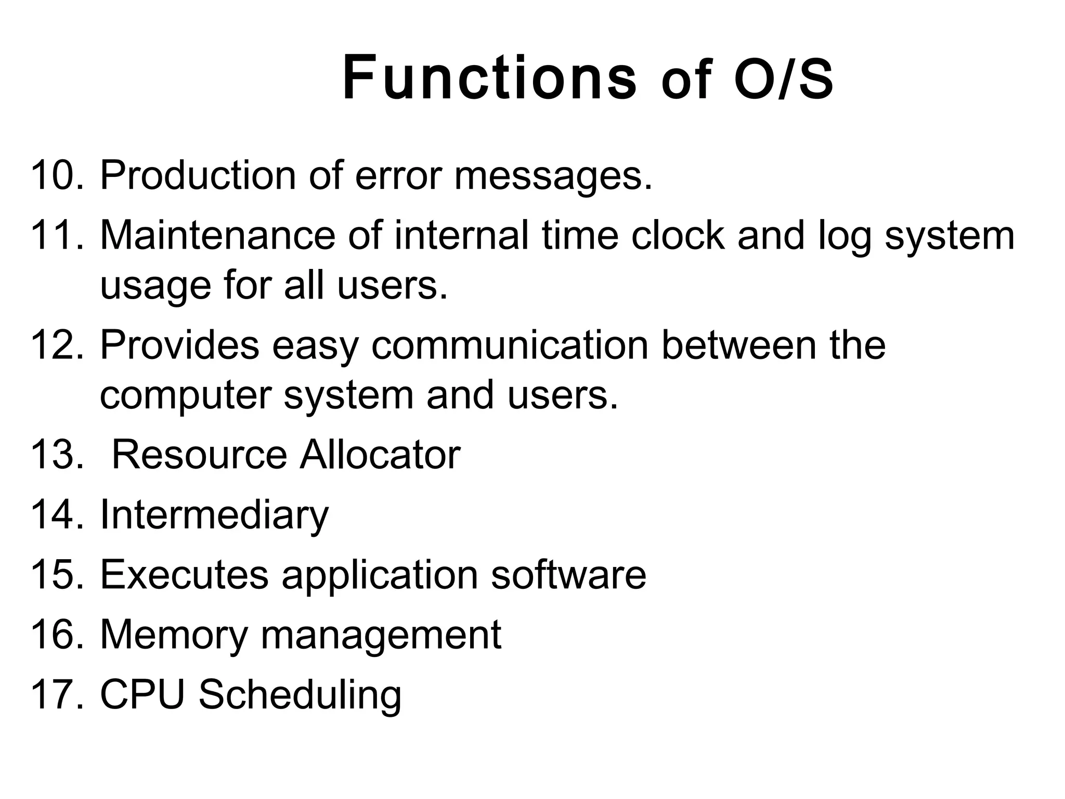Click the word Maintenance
pos(217,235)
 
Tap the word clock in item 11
pos(678,235)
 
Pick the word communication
pos(510,345)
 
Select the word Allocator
pos(380,455)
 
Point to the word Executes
pos(184,575)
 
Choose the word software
pos(568,575)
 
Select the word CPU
pos(142,694)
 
